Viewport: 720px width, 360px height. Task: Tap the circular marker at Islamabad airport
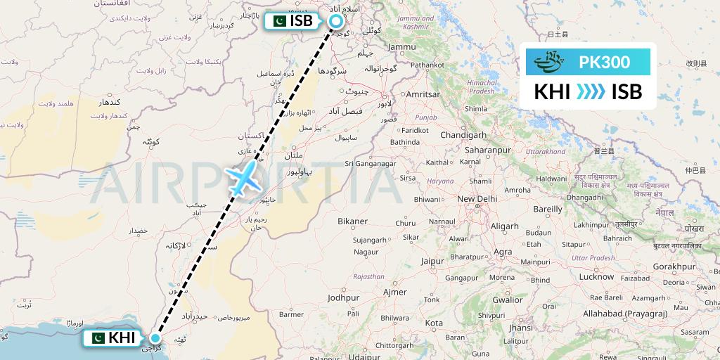click(x=336, y=21)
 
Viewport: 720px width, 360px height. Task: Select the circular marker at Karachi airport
click(x=156, y=338)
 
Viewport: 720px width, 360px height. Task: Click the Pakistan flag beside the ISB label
click(x=276, y=21)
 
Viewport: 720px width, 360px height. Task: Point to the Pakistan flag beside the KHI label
click(x=96, y=338)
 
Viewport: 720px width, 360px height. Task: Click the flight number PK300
click(x=604, y=62)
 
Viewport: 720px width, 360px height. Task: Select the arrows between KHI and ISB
click(x=590, y=92)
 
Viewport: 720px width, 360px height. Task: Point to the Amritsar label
click(x=423, y=94)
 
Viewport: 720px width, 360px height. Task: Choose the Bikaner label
click(x=352, y=221)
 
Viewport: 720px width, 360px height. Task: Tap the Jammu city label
click(x=401, y=46)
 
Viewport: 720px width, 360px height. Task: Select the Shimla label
click(x=476, y=109)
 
